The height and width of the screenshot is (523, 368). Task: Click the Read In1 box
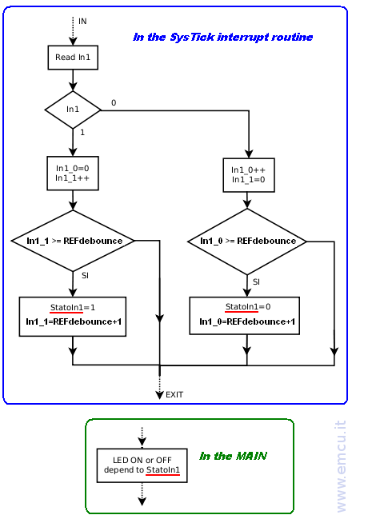[x=73, y=58]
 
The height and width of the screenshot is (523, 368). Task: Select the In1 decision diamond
[x=73, y=110]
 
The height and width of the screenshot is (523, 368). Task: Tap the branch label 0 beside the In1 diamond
[x=114, y=102]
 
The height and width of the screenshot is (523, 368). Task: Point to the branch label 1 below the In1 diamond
[x=82, y=133]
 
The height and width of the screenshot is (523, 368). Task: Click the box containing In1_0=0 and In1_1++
[x=73, y=173]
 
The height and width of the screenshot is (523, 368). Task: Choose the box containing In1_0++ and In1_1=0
[x=249, y=175]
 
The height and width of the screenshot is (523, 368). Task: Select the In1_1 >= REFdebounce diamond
[x=73, y=241]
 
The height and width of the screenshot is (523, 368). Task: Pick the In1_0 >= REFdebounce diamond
[x=247, y=242]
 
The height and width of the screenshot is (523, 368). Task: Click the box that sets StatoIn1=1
[x=73, y=316]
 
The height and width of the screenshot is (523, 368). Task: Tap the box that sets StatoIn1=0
[x=245, y=316]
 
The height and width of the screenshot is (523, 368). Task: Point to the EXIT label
[x=174, y=394]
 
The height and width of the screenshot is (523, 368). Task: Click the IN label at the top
[x=82, y=22]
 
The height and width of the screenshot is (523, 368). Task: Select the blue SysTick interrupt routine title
[x=223, y=37]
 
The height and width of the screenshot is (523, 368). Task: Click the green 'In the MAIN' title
[x=233, y=456]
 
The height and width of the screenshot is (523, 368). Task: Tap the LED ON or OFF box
[x=142, y=465]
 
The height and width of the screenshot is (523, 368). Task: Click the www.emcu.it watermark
[x=341, y=466]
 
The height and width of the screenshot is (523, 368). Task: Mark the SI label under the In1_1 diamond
[x=85, y=276]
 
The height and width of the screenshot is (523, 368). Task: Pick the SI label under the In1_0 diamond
[x=256, y=281]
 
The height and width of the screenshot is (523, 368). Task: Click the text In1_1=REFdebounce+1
[x=74, y=321]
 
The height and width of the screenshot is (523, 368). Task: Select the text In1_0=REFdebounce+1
[x=247, y=321]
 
